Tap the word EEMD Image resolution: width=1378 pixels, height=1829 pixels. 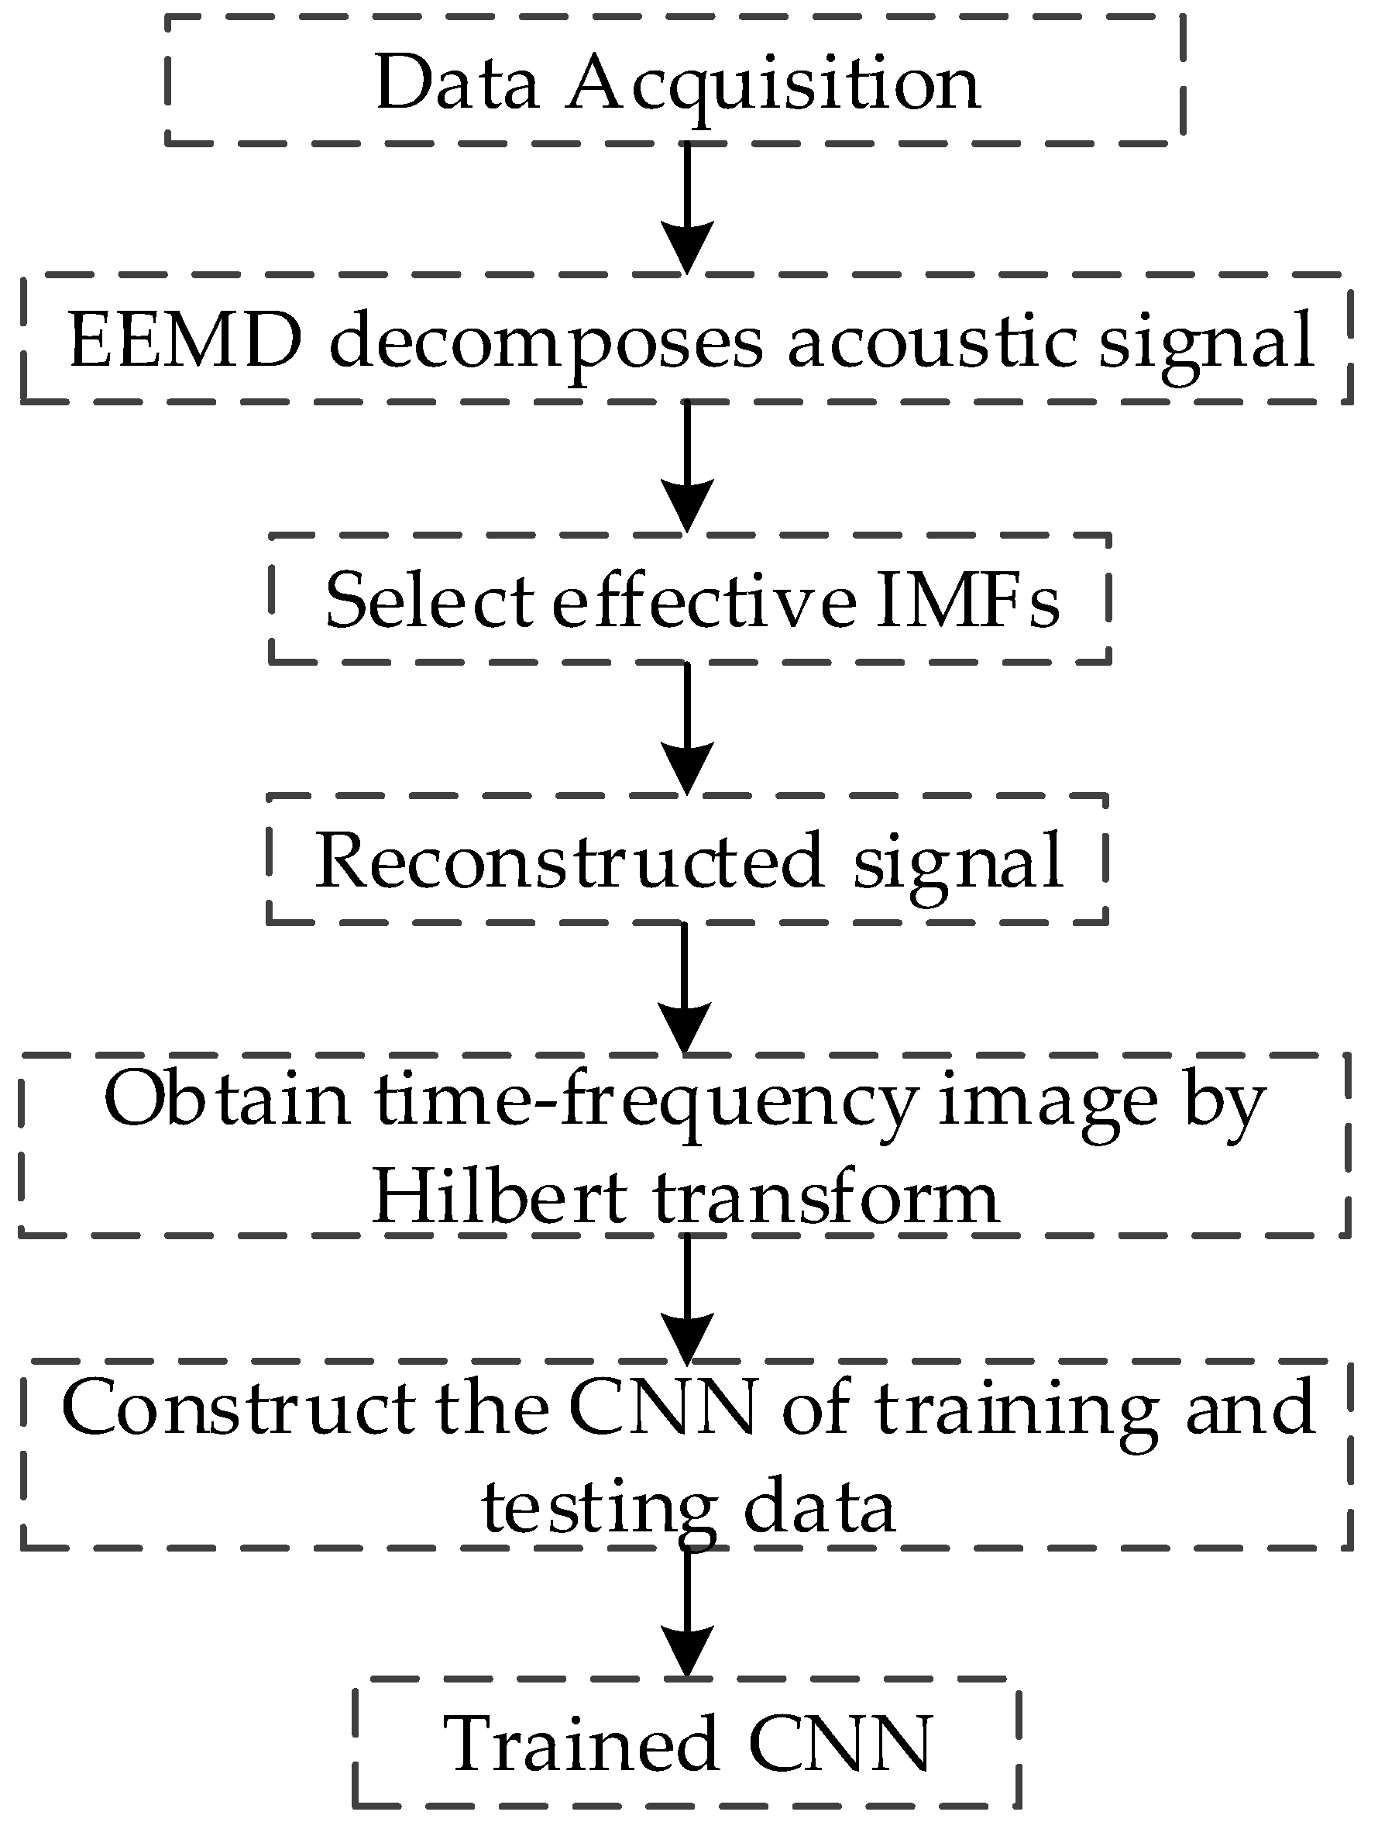185,342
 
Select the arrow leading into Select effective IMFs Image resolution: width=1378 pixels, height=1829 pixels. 687,467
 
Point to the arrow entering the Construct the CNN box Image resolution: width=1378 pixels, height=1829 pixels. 687,1298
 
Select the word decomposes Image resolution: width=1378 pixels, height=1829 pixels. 545,342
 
